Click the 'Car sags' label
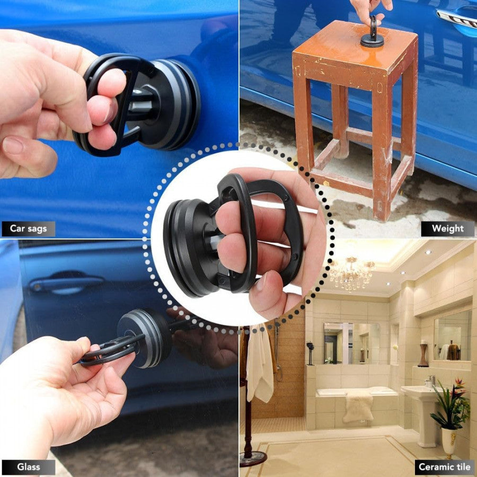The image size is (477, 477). pyautogui.click(x=28, y=229)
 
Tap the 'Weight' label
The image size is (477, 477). pyautogui.click(x=447, y=229)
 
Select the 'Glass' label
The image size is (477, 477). pyautogui.click(x=28, y=467)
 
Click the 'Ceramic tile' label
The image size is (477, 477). pyautogui.click(x=444, y=467)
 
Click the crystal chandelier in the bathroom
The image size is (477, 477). pyautogui.click(x=351, y=273)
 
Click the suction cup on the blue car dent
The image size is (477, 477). pyautogui.click(x=170, y=103)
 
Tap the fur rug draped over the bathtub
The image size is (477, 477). pyautogui.click(x=358, y=407)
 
